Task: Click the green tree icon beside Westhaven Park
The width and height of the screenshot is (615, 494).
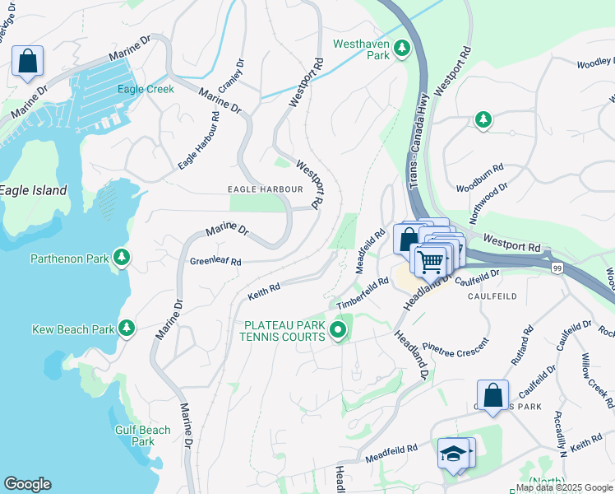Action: pyautogui.click(x=402, y=49)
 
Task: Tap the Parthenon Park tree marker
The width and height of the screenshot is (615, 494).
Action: pyautogui.click(x=122, y=259)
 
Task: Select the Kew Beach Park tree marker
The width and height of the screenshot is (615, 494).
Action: pyautogui.click(x=127, y=329)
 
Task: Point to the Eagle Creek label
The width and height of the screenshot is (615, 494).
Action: pyautogui.click(x=146, y=89)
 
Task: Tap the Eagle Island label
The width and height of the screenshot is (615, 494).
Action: pyautogui.click(x=33, y=190)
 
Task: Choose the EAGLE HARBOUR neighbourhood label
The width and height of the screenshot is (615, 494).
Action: pyautogui.click(x=265, y=189)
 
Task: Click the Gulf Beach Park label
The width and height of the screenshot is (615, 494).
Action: pyautogui.click(x=143, y=436)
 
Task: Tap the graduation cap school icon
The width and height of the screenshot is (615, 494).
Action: pyautogui.click(x=453, y=454)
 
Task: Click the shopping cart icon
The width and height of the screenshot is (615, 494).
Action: pyautogui.click(x=431, y=263)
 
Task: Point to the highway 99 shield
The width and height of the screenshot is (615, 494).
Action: pyautogui.click(x=557, y=268)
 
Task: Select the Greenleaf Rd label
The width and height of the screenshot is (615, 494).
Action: pyautogui.click(x=215, y=262)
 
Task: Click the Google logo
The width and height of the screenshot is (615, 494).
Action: pyautogui.click(x=27, y=484)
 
